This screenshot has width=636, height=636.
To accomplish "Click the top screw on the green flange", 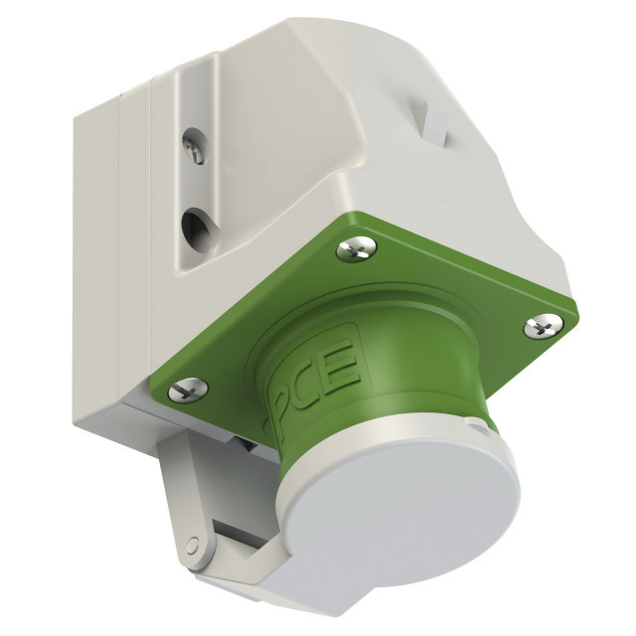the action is [356, 248].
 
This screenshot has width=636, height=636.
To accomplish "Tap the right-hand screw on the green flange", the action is [544, 325].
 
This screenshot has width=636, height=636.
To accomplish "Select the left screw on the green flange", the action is [188, 391].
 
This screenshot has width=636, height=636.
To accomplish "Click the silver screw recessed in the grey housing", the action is [196, 150].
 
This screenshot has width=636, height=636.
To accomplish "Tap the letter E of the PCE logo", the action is [343, 362].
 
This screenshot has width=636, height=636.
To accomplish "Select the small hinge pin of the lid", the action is [192, 544].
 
